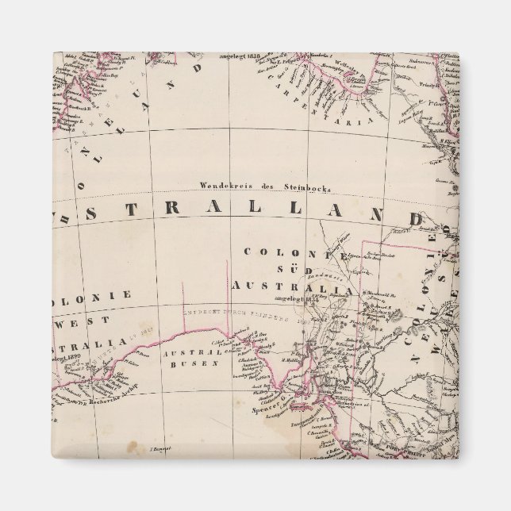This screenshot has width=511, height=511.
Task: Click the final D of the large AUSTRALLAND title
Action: click(436, 217)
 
